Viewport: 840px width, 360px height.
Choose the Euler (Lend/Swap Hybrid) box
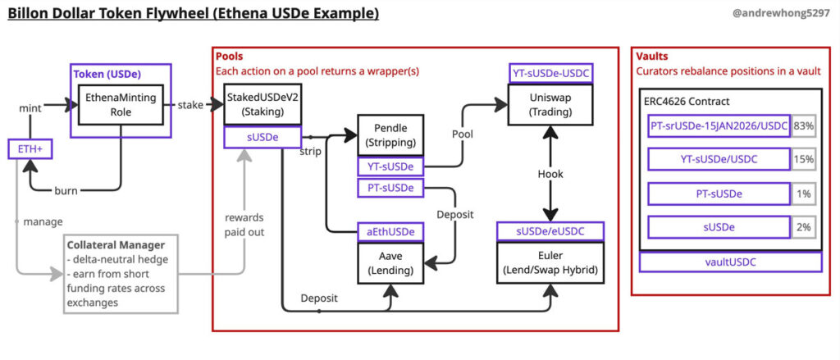[x=550, y=263]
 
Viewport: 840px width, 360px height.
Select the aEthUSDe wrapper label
[x=390, y=232]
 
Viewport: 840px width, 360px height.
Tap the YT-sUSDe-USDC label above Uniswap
[x=550, y=74]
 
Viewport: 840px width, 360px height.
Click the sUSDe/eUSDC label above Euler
[x=550, y=232]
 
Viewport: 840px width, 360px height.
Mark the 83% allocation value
[x=803, y=125]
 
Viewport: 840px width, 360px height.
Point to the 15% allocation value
[x=803, y=159]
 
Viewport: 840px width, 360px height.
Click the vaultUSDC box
[x=730, y=262]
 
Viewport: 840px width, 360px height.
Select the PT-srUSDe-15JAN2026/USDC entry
[x=719, y=125]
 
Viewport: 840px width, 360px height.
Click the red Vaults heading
[x=652, y=57]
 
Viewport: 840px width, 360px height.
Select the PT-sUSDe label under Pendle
[x=390, y=189]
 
